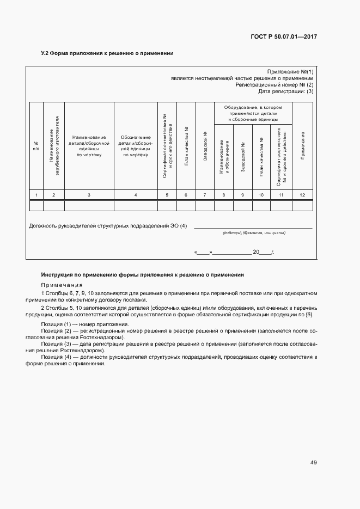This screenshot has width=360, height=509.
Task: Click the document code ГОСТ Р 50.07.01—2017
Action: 284,36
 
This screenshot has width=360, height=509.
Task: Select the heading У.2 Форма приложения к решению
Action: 107,54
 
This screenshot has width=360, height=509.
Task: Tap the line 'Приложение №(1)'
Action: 290,72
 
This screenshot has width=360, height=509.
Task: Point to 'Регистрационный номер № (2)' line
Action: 274,85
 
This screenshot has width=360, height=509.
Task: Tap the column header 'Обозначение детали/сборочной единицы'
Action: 136,146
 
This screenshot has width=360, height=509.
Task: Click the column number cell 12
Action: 302,195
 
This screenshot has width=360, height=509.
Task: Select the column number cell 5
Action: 167,195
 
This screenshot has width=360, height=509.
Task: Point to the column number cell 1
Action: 36,195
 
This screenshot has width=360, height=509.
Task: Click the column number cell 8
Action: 224,195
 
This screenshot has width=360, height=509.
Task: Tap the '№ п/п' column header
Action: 36,146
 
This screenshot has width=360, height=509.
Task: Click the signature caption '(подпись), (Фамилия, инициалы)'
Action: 254,233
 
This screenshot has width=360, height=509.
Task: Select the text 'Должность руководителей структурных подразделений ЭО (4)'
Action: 108,226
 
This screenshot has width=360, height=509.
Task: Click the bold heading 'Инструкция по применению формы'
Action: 143,275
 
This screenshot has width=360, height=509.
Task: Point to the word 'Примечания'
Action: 62,285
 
